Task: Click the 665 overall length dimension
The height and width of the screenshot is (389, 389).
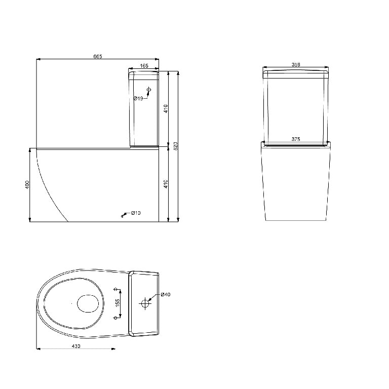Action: pos(98,56)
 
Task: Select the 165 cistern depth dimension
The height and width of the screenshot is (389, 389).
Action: pos(144,65)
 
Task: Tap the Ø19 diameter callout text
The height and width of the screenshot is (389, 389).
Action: pos(138,98)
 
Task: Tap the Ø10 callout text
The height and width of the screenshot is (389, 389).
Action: pos(135,213)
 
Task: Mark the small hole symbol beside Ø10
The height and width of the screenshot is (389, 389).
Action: pos(123,216)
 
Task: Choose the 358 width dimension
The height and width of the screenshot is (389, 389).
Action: pos(296,64)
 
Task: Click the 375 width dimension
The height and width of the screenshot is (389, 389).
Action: pos(296,139)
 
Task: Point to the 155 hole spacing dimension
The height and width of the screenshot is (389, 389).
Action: pos(117,303)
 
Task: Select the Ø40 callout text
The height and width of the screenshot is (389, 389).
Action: pos(165,295)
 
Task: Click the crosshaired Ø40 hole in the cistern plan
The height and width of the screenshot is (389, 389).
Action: pos(145,303)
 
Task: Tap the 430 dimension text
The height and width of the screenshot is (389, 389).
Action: pos(76,346)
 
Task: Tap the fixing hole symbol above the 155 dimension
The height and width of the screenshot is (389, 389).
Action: pos(116,290)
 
